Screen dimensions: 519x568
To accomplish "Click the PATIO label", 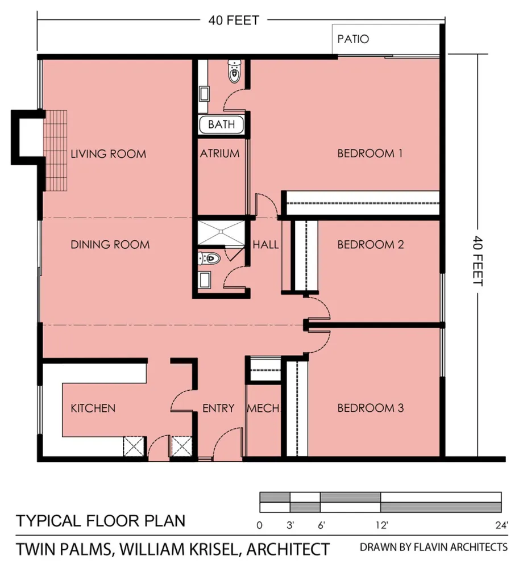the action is coord(353,39).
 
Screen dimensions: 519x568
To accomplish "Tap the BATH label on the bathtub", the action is coord(221,124).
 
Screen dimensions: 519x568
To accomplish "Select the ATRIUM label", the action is coord(219,153).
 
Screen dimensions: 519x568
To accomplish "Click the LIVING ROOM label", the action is coord(109,154).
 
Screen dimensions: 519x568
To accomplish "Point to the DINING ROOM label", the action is coord(110,244).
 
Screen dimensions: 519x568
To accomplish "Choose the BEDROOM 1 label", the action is coord(370,153).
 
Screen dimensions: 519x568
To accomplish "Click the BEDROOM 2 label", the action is coord(371,244).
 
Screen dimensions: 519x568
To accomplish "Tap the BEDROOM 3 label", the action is coord(371,408).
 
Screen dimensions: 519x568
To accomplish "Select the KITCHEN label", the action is coord(93,408).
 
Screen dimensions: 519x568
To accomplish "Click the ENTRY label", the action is coord(218,408).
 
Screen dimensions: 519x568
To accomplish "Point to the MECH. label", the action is coord(264,408).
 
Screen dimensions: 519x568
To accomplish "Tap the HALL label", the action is coord(265,244).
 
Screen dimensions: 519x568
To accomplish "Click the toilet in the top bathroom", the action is coord(235,71).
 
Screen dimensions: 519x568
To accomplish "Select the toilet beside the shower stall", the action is coord(209,258).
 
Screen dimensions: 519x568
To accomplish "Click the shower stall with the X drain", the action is coord(221,232).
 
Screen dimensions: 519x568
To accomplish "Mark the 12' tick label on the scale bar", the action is coord(381,525).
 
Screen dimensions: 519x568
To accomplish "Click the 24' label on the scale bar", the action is coord(501,525).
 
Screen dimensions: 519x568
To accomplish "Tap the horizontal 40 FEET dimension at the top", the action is coord(234,20).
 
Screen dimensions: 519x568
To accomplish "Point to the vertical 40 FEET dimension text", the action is coord(478,261).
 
